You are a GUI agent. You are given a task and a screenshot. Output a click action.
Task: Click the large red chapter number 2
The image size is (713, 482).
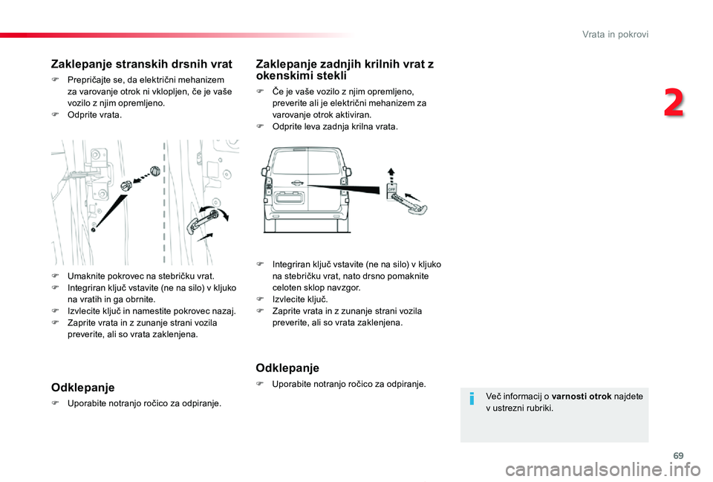tap(674, 102)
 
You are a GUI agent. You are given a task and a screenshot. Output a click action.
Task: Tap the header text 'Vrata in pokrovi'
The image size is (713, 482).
tap(615, 34)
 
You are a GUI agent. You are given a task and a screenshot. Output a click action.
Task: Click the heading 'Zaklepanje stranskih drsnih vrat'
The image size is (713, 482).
tap(141, 64)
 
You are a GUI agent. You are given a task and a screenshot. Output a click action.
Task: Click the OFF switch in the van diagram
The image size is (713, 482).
tap(391, 189)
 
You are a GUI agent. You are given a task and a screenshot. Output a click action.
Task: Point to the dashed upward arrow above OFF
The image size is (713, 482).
tap(391, 174)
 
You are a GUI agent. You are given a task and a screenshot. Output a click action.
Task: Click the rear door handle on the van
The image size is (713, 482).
tap(298, 183)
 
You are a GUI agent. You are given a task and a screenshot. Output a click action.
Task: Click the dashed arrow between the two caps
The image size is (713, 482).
tap(142, 177)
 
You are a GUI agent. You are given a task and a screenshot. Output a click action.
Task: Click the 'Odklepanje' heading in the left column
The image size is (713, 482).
tap(82, 387)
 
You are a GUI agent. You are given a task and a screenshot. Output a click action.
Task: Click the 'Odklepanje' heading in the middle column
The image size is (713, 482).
tap(287, 368)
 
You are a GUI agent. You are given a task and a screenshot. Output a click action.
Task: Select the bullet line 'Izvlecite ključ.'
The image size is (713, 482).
tap(295, 299)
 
